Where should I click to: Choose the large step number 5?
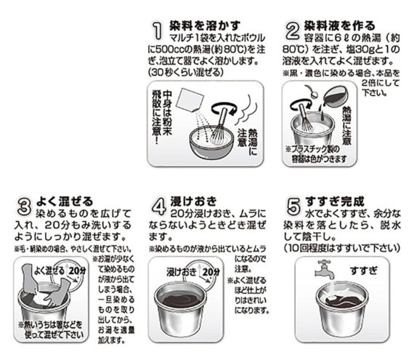point(294,201)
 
